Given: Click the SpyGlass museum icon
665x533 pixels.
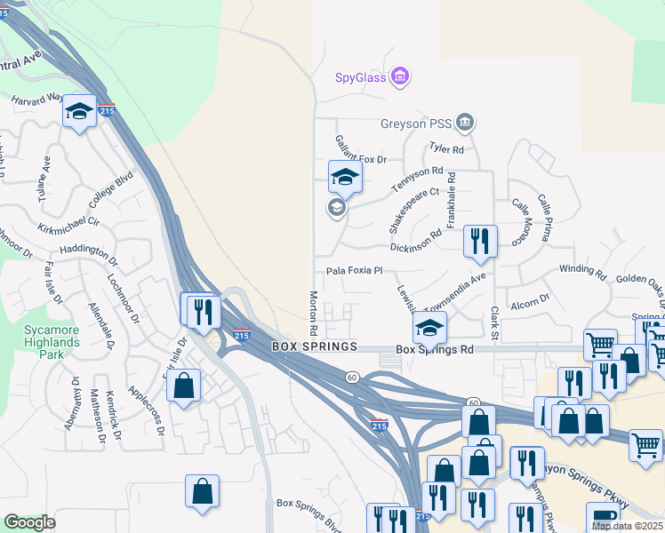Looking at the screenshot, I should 400,76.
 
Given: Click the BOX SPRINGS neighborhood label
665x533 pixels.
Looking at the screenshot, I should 314,346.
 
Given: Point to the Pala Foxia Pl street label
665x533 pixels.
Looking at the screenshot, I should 354,271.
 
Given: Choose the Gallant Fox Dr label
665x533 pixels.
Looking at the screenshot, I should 361,149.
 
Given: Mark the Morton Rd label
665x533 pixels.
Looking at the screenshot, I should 313,313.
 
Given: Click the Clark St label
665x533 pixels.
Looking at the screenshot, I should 494,323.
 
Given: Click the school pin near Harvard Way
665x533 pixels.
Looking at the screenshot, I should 79,112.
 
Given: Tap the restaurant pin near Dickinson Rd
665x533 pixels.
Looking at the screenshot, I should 480,240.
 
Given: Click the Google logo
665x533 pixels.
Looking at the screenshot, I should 30,522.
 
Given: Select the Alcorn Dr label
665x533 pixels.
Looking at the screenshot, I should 530,304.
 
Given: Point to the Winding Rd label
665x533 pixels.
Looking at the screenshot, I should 581,268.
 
